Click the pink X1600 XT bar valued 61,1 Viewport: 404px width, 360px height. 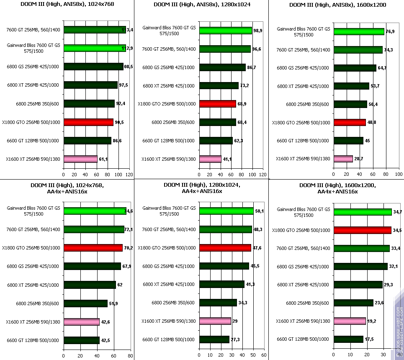(80, 159)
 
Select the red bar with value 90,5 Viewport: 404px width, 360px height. (88, 122)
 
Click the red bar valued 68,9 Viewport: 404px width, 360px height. (218, 104)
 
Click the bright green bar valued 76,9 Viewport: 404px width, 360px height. (359, 31)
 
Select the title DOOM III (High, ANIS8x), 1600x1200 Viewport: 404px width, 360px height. (337, 5)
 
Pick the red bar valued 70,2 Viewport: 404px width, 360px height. (93, 248)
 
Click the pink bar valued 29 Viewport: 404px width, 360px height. (215, 321)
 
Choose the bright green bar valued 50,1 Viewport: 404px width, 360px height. (226, 211)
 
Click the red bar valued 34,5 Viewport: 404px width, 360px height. (363, 230)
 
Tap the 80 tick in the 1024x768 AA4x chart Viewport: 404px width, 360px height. (130, 356)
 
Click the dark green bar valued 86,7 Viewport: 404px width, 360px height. (223, 67)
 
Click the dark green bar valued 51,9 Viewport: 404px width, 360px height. (85, 303)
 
